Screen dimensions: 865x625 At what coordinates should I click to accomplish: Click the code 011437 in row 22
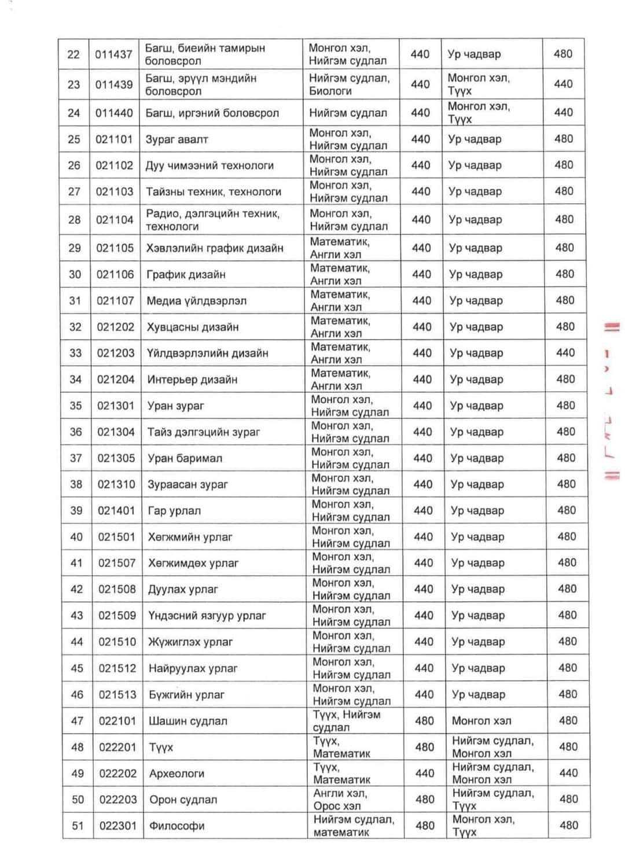pyautogui.click(x=113, y=54)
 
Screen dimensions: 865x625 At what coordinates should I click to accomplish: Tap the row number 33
pyautogui.click(x=75, y=353)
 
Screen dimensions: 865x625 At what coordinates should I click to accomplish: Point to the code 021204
pyautogui.click(x=115, y=380)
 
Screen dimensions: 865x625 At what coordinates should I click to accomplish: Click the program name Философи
pyautogui.click(x=177, y=826)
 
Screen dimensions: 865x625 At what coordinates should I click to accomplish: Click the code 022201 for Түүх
pyautogui.click(x=117, y=747)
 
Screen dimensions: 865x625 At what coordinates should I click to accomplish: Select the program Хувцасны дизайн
pyautogui.click(x=193, y=327)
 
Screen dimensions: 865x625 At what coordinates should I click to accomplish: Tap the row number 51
pyautogui.click(x=78, y=826)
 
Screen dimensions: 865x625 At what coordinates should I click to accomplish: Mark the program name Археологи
pyautogui.click(x=177, y=774)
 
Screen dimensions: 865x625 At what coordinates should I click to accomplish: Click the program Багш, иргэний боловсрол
pyautogui.click(x=212, y=113)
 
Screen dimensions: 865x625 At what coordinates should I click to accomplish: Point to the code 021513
pyautogui.click(x=117, y=694)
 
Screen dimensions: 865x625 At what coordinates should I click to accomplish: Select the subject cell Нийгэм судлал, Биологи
pyautogui.click(x=349, y=84)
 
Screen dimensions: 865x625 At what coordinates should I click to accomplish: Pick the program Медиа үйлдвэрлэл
pyautogui.click(x=196, y=301)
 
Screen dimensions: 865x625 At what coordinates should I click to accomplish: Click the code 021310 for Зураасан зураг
pyautogui.click(x=116, y=484)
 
